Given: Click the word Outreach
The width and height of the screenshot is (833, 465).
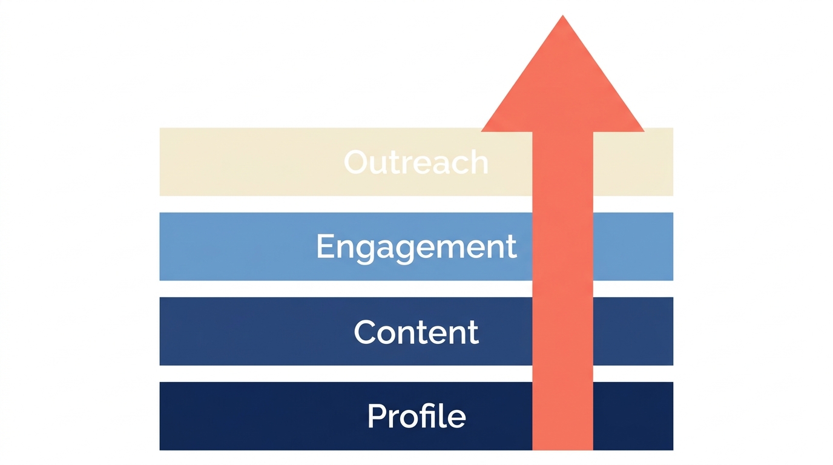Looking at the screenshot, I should click(x=416, y=162).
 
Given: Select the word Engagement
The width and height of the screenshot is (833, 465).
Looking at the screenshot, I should click(x=416, y=247).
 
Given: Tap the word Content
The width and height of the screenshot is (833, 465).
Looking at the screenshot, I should click(x=416, y=332).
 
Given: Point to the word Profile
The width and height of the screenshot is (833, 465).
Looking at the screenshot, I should click(x=416, y=417).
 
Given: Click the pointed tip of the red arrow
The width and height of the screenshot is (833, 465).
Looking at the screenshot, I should click(x=563, y=18).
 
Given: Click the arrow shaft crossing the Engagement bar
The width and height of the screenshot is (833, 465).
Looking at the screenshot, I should click(x=562, y=246).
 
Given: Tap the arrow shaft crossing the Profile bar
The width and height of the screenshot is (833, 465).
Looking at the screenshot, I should click(x=562, y=416).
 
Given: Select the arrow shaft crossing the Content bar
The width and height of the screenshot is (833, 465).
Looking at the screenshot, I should click(x=562, y=331).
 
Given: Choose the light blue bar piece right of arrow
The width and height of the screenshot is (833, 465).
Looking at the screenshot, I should click(x=633, y=246).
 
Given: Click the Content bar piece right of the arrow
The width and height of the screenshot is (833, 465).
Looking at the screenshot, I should click(x=633, y=331).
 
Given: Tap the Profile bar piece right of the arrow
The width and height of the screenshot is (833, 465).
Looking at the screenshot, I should click(x=633, y=416).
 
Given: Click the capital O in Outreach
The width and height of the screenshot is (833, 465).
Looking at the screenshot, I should click(x=357, y=162).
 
